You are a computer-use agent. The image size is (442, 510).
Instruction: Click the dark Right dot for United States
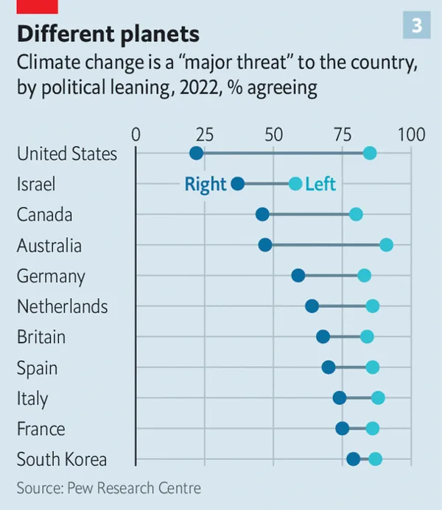click(x=196, y=153)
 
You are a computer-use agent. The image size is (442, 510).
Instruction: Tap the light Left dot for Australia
click(x=386, y=245)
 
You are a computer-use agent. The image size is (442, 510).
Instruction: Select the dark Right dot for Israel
click(x=238, y=184)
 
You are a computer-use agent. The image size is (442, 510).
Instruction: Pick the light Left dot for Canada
click(x=356, y=214)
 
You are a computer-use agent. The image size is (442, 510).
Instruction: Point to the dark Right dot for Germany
click(x=298, y=275)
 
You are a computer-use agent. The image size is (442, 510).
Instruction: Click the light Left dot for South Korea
click(x=375, y=459)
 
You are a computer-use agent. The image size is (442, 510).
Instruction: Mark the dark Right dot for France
click(x=343, y=428)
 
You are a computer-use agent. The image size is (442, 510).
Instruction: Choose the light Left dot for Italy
click(x=378, y=398)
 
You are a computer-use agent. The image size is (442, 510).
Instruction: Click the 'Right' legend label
click(x=206, y=184)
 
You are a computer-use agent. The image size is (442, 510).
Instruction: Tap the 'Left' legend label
click(x=320, y=184)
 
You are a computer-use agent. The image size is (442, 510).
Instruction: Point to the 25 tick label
click(x=205, y=135)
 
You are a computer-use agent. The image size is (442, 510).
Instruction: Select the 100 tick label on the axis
click(x=411, y=135)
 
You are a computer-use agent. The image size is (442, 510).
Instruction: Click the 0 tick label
click(x=136, y=135)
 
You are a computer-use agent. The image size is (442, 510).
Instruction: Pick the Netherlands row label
click(x=62, y=306)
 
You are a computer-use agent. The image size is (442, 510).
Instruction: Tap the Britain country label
click(x=41, y=337)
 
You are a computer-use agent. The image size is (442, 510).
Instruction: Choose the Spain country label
click(x=37, y=368)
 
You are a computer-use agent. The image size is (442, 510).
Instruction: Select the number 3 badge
click(x=417, y=26)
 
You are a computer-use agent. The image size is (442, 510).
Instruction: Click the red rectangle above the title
click(x=37, y=6)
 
